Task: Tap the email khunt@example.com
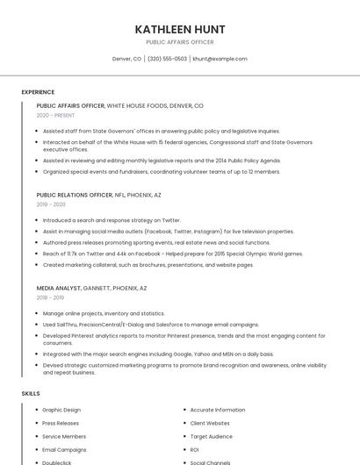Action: [x=220, y=59]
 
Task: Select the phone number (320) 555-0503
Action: [x=167, y=59]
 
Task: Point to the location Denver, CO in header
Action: [x=126, y=59]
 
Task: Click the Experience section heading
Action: [x=38, y=92]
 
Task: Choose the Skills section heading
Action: [x=31, y=394]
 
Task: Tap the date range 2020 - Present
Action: [x=55, y=115]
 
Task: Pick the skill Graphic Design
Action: [x=61, y=410]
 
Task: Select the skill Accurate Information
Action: [x=218, y=410]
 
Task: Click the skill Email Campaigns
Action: [x=64, y=449]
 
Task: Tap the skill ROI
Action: [x=195, y=449]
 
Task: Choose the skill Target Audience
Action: [x=212, y=436]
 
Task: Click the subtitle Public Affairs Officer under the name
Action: [x=179, y=42]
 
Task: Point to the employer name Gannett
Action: [x=97, y=288]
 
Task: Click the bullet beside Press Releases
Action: [x=36, y=423]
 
